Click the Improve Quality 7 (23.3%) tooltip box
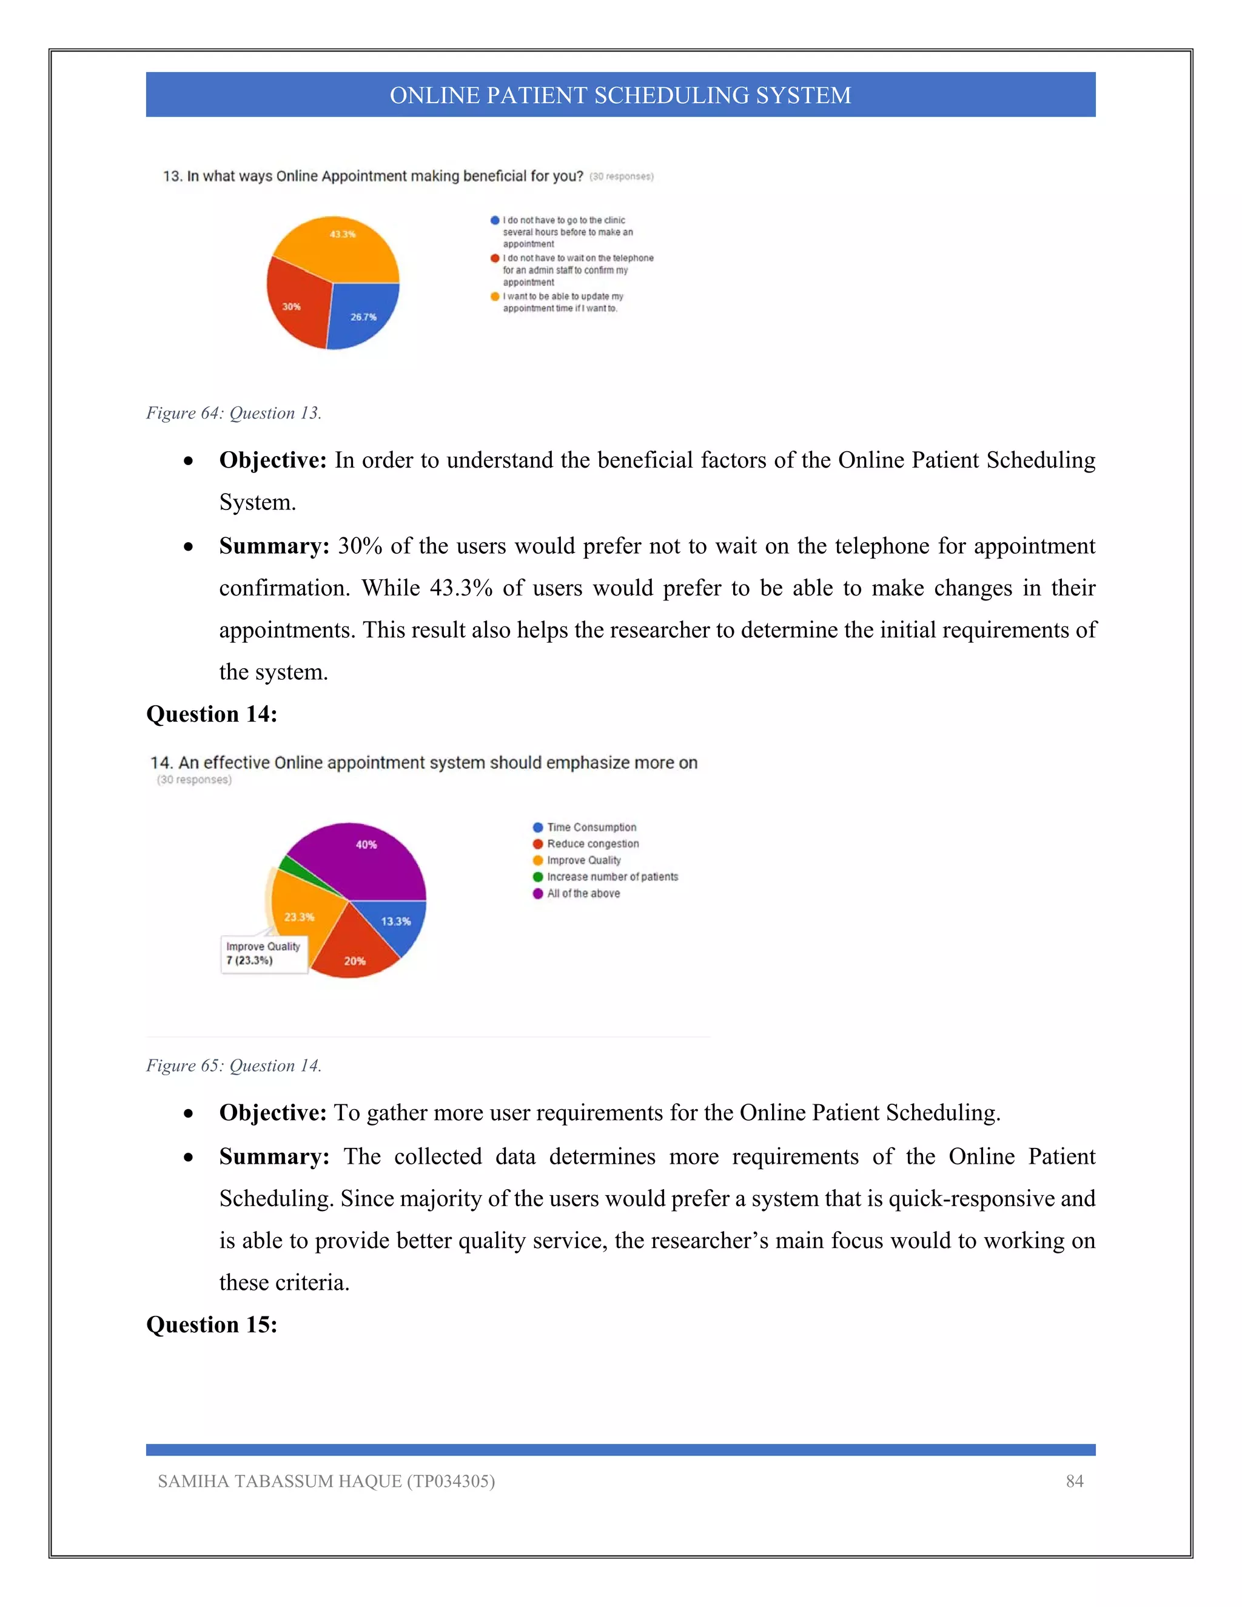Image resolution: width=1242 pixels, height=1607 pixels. pyautogui.click(x=263, y=954)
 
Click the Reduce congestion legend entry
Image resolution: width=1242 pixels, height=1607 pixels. pyautogui.click(x=586, y=844)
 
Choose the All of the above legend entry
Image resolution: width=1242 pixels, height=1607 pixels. pyautogui.click(x=576, y=893)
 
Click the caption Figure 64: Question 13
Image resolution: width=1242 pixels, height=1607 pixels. pyautogui.click(x=233, y=413)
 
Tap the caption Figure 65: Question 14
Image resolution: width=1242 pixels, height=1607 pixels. pyautogui.click(x=233, y=1065)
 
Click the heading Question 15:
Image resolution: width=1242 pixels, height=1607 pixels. pyautogui.click(x=211, y=1324)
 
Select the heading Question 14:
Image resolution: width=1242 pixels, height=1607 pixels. pyautogui.click(x=211, y=714)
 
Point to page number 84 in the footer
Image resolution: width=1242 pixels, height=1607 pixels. pyautogui.click(x=1074, y=1481)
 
